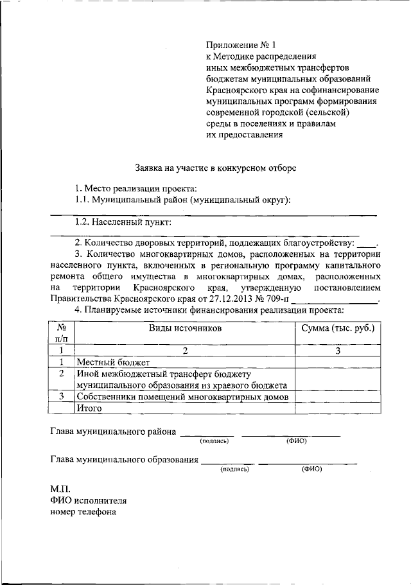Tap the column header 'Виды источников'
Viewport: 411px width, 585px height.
(185, 327)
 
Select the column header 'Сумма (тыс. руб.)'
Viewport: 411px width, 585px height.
(337, 327)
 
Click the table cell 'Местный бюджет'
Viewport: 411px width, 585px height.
(112, 362)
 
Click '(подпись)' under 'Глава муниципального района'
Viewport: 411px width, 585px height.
(214, 441)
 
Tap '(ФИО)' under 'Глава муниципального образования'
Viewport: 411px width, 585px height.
(311, 469)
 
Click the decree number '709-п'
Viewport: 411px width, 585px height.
(277, 299)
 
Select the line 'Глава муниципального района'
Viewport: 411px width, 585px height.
(113, 432)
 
